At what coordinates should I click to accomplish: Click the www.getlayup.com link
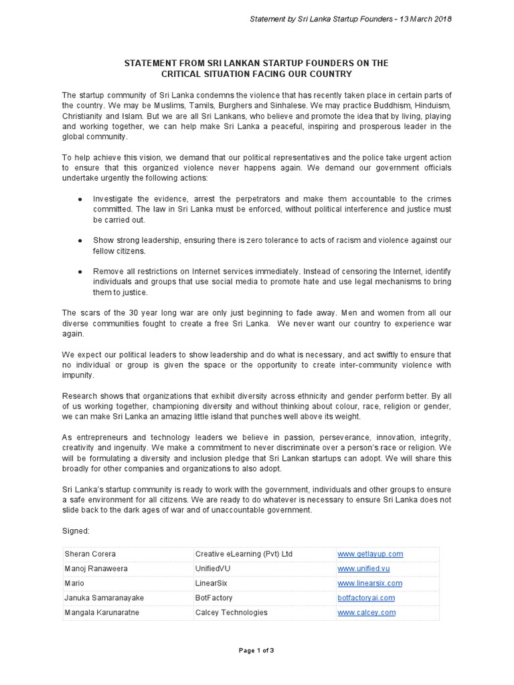tap(370, 554)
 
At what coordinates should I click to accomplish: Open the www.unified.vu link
tap(364, 569)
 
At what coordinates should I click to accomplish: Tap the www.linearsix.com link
tap(369, 583)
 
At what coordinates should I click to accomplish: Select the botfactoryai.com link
tap(366, 597)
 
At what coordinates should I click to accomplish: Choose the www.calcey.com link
tap(367, 612)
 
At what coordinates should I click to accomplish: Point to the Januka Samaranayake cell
tap(104, 597)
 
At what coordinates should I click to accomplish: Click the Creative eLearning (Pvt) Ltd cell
tap(244, 554)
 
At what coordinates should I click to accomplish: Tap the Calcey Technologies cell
tap(231, 612)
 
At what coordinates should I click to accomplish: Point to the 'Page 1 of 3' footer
tap(256, 650)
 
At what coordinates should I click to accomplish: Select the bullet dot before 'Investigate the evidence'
tap(80, 199)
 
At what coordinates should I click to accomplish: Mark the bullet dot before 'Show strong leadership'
tap(80, 240)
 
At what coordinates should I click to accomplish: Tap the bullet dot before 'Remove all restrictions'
tap(80, 272)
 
